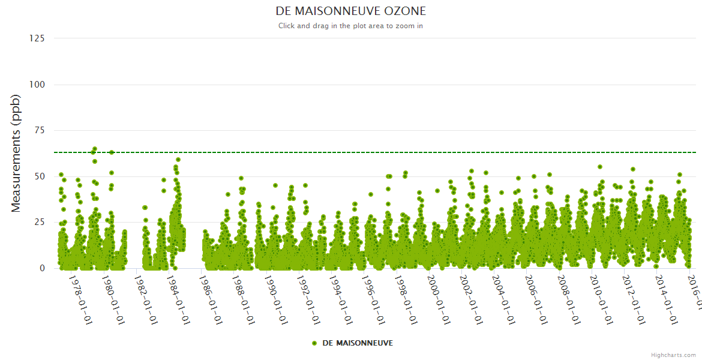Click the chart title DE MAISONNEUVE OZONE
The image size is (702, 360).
click(x=350, y=11)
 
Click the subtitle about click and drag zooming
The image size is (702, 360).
click(x=350, y=26)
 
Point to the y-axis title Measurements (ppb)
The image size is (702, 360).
click(x=16, y=153)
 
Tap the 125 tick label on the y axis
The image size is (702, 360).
click(x=37, y=38)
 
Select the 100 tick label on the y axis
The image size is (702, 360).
click(x=37, y=85)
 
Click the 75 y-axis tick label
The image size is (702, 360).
click(x=40, y=131)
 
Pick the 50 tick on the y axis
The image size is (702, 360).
click(x=40, y=176)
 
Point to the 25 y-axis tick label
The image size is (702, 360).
click(x=40, y=223)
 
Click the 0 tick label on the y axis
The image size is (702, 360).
click(x=42, y=268)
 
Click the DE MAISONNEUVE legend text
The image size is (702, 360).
click(x=358, y=343)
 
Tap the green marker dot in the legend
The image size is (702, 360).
click(x=314, y=343)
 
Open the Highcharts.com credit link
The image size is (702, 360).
click(x=673, y=355)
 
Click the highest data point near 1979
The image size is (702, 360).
click(x=95, y=149)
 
